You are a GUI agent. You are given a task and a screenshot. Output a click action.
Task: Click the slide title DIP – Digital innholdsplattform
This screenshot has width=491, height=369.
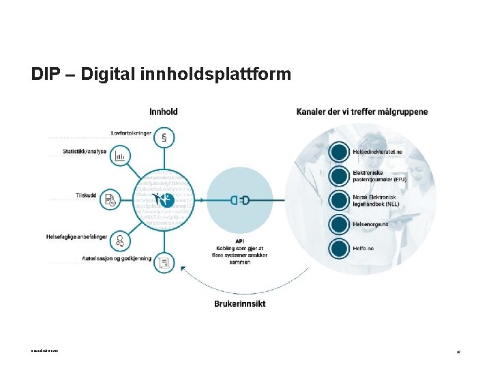pos(161,74)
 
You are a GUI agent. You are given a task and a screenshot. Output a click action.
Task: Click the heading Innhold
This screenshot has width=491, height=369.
pos(164,111)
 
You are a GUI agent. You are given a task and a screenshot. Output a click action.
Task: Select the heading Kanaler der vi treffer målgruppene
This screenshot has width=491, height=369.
pos(362,111)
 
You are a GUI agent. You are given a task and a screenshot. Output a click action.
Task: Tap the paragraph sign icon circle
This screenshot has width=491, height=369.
pos(164,137)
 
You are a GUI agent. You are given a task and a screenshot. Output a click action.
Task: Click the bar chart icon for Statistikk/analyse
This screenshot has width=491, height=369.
pos(120,156)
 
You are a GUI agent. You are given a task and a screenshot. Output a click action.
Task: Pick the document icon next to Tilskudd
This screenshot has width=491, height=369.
pos(110,200)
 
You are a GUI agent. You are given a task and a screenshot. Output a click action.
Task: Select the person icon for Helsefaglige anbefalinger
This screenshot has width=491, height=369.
pos(121,241)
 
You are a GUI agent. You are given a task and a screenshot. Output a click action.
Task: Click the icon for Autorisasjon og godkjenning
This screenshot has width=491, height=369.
pos(164,262)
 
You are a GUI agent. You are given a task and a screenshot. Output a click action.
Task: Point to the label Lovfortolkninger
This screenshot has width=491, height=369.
pos(131,133)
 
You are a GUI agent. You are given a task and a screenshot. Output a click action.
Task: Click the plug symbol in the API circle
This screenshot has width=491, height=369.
pos(239,200)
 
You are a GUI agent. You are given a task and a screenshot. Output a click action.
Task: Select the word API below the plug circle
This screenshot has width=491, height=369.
pos(239,241)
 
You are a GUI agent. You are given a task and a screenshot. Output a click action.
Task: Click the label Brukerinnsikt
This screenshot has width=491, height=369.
pos(239,303)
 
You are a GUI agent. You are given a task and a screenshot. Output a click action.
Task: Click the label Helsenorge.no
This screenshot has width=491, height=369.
pos(370,223)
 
